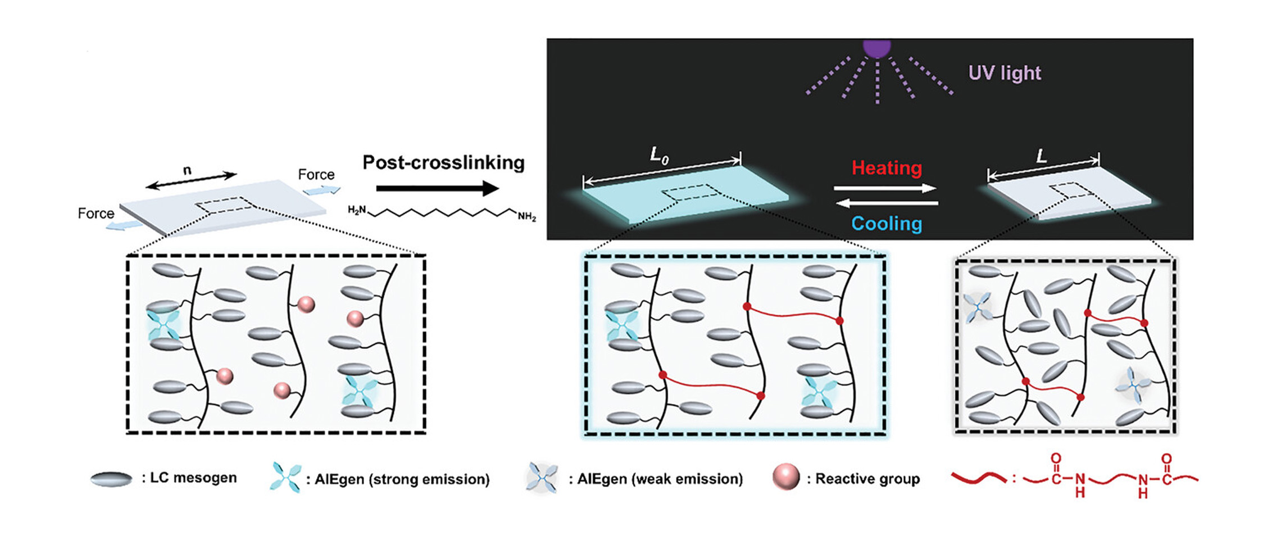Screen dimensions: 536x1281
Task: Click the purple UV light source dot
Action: [876, 48]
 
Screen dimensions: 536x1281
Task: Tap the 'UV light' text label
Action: [1004, 73]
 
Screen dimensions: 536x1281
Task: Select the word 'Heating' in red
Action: [887, 168]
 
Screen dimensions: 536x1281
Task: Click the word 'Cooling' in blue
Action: [887, 224]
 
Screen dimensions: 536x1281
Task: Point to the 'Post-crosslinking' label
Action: [443, 163]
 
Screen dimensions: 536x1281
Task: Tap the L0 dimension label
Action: [659, 155]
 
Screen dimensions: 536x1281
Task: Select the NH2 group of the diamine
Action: [526, 216]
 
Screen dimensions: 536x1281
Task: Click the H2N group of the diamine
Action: [357, 210]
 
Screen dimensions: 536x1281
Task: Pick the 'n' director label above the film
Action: [187, 170]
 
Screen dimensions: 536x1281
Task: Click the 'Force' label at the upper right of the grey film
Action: [316, 175]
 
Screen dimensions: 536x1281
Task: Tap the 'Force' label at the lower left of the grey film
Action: [96, 214]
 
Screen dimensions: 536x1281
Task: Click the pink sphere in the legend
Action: [785, 477]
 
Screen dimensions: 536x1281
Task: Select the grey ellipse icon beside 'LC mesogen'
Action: [111, 479]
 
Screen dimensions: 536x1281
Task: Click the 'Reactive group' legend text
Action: [867, 479]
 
